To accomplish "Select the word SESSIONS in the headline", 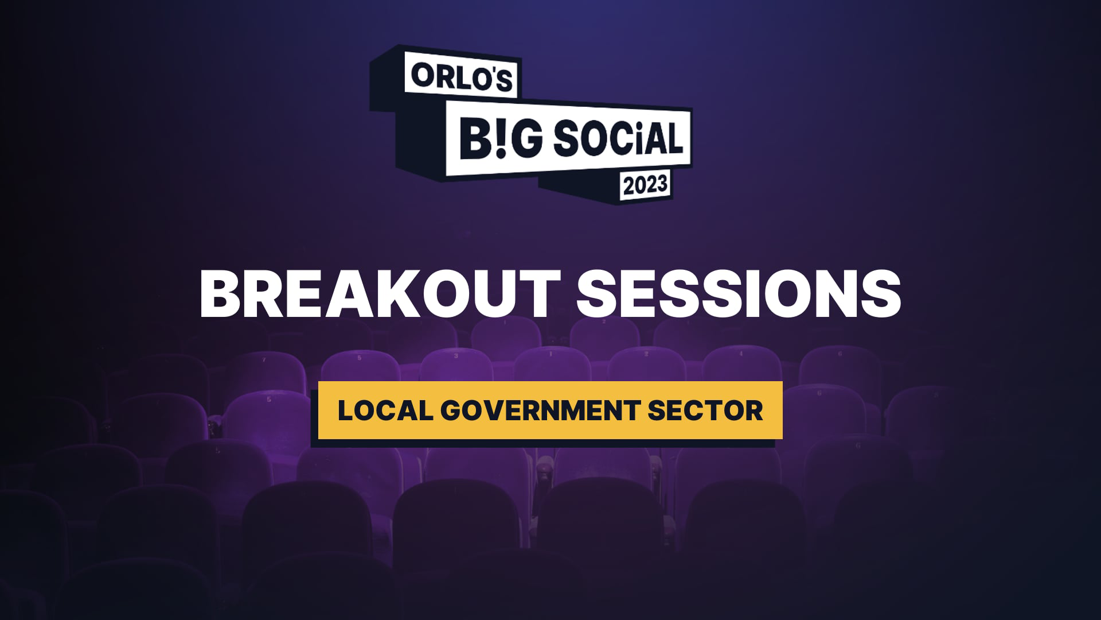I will [x=739, y=294].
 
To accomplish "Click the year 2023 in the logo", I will [x=646, y=185].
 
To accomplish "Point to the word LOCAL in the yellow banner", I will [x=385, y=410].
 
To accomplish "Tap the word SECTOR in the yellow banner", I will [x=705, y=410].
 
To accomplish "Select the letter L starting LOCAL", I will [x=345, y=410].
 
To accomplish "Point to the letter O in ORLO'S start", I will [x=423, y=75].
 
